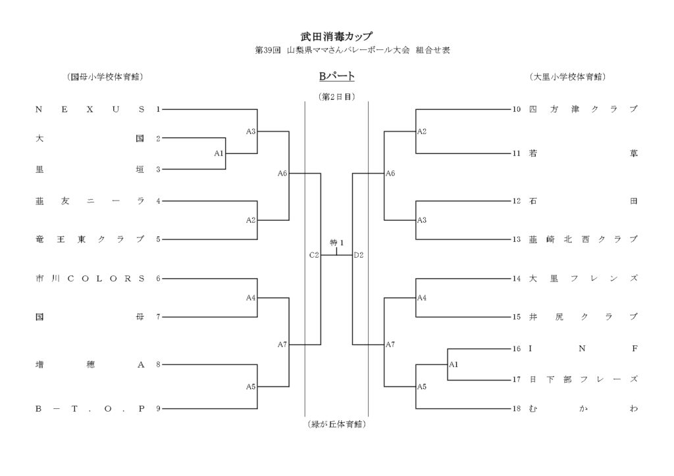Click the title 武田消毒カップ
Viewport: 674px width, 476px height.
(336, 37)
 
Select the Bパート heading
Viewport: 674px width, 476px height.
(336, 77)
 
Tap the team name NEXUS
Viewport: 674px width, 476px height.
(90, 110)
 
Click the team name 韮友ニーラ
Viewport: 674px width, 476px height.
(90, 201)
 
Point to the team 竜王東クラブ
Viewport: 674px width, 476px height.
(90, 239)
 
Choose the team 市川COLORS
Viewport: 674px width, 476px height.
(90, 278)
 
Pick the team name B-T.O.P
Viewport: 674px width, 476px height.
(90, 409)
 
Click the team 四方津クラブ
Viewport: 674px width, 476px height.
(583, 110)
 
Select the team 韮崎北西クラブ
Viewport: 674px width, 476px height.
(583, 239)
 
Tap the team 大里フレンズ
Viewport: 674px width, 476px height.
(583, 278)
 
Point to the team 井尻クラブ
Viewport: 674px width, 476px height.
(583, 317)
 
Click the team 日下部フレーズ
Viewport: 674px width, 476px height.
(583, 379)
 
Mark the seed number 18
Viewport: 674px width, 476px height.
(517, 409)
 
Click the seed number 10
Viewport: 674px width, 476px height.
(517, 110)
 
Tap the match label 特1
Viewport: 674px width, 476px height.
(337, 243)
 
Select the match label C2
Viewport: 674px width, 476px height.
(314, 254)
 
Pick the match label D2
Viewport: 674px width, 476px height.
(359, 254)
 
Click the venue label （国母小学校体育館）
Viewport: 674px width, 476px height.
(105, 77)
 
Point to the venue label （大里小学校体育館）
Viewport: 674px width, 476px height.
(567, 77)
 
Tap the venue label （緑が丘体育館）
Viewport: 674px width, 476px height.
(336, 424)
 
